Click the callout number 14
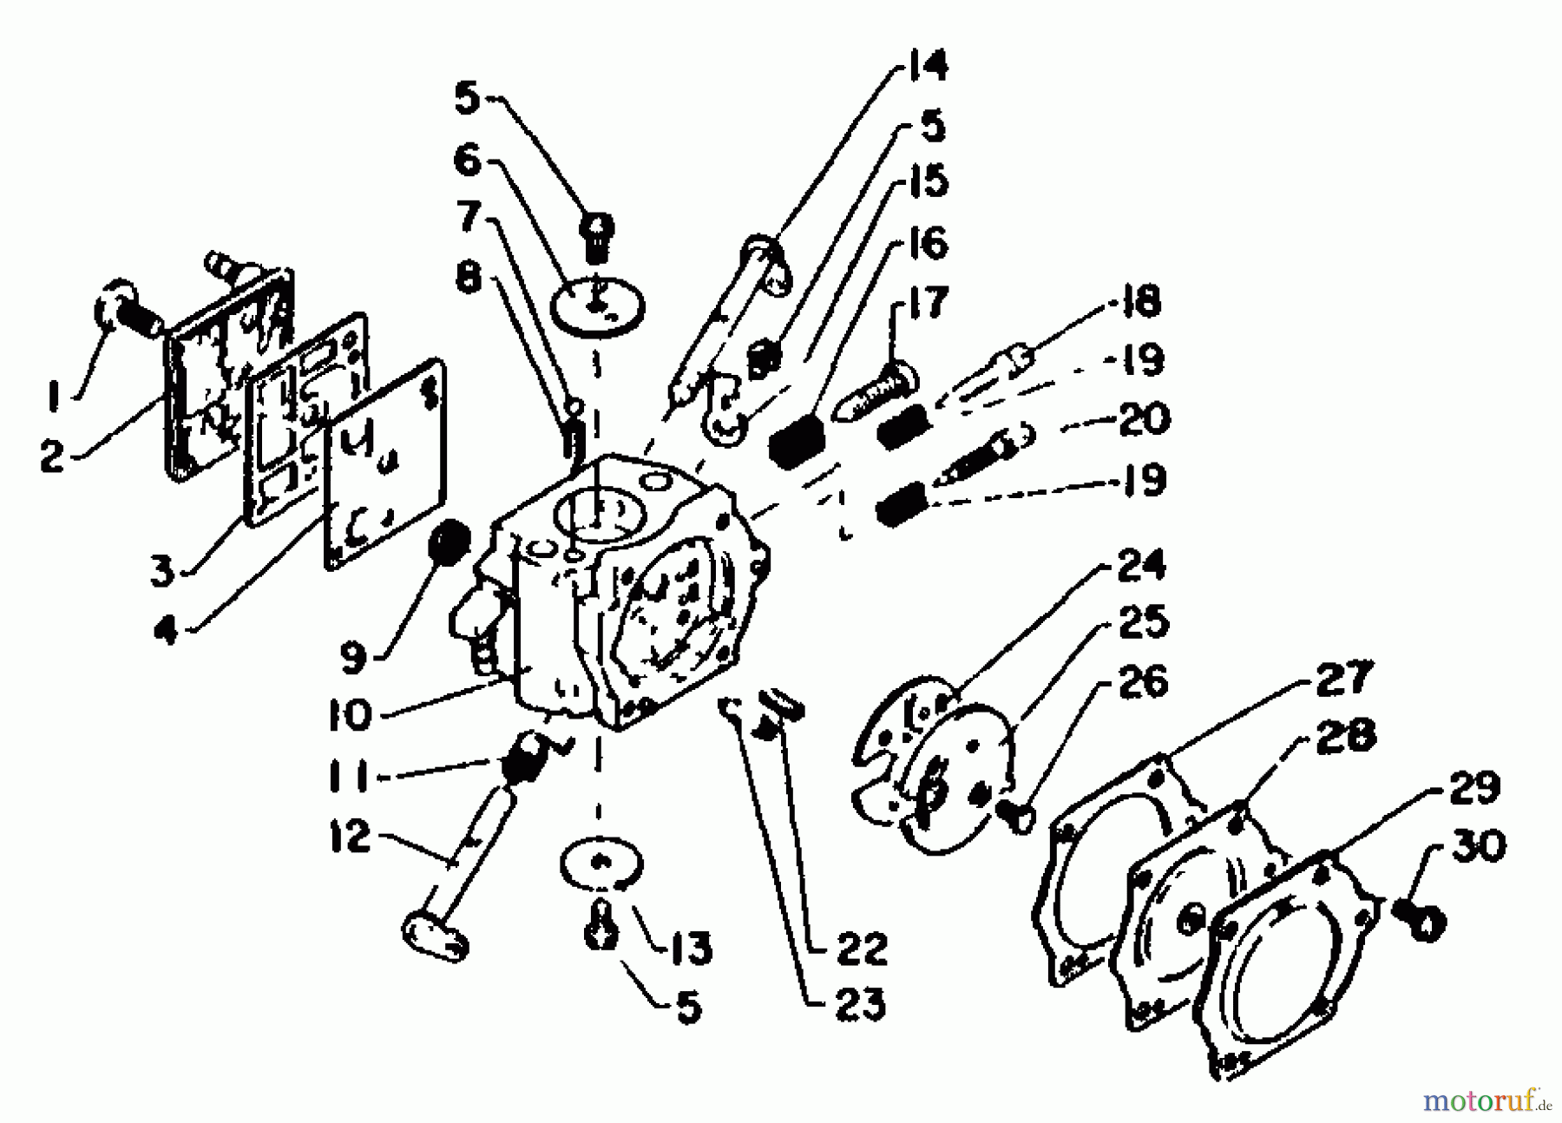pyautogui.click(x=926, y=66)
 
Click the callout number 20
pyautogui.click(x=1142, y=419)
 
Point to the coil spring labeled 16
pyautogui.click(x=796, y=440)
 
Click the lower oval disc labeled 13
pyautogui.click(x=601, y=864)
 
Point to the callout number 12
pyautogui.click(x=350, y=838)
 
